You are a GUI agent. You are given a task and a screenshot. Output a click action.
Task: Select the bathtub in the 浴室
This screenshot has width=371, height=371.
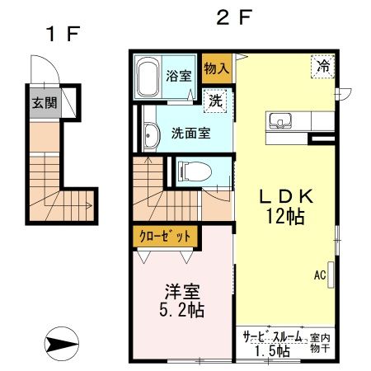[x=148, y=79]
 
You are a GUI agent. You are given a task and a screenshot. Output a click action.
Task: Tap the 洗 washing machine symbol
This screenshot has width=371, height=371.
[x=215, y=101]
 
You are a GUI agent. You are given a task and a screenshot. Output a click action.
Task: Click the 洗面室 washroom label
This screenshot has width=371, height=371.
[x=189, y=133]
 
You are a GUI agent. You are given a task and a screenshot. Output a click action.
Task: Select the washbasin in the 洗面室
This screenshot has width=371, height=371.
[x=150, y=136]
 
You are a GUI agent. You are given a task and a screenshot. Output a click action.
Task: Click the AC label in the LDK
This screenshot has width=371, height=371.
[x=318, y=275]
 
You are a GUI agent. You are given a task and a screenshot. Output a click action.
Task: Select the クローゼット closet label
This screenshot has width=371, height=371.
[x=164, y=235]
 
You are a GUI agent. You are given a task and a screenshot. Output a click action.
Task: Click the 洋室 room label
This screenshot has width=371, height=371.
[x=182, y=292]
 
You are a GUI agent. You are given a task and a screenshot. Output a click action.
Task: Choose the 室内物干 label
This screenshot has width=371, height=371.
[x=320, y=344]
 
